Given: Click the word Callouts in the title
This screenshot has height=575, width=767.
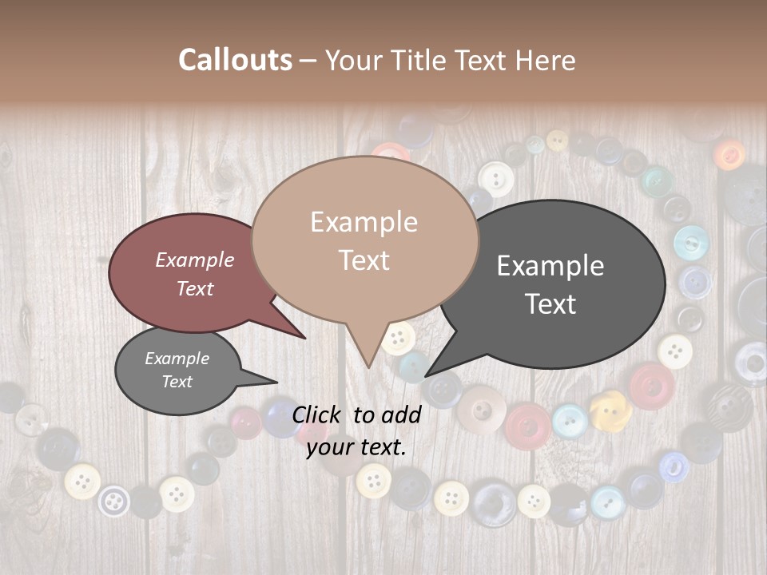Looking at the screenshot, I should coord(235,60).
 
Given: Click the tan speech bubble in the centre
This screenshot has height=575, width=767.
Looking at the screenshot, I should coord(364,240).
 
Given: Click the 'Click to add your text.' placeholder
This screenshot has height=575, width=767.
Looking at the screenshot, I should coord(356,430).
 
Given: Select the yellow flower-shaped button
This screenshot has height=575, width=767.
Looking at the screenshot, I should coord(611,409).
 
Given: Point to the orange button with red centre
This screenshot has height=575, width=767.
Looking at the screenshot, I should coord(729,154).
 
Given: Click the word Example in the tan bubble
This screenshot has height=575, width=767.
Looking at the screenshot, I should coord(364,222).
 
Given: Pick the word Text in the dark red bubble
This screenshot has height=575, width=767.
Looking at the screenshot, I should coord(195,289).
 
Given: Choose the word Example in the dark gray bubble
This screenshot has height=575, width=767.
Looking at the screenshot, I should coord(550,266).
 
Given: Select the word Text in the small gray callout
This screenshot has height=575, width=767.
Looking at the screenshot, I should coord(177,382).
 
